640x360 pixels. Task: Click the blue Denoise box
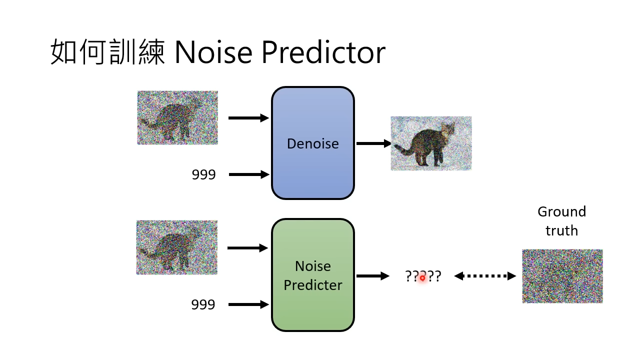313,143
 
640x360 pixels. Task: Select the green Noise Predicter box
313,275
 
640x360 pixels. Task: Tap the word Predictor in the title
323,52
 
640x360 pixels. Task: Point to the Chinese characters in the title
107,52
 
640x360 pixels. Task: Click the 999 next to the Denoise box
203,174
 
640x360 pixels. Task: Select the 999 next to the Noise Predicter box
203,304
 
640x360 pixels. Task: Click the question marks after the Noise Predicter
423,276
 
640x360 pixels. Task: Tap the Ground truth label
561,220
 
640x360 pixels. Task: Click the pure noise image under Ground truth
562,276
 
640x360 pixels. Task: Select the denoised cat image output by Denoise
431,143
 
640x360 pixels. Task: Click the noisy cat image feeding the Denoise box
177,118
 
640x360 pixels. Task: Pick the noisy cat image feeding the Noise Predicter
176,247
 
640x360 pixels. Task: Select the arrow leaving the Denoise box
373,143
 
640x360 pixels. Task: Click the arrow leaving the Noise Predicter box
372,275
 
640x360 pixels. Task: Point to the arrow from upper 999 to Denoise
249,174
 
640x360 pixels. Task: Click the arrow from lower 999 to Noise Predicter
248,304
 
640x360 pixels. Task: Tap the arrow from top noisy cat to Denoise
248,118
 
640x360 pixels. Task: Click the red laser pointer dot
422,277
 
